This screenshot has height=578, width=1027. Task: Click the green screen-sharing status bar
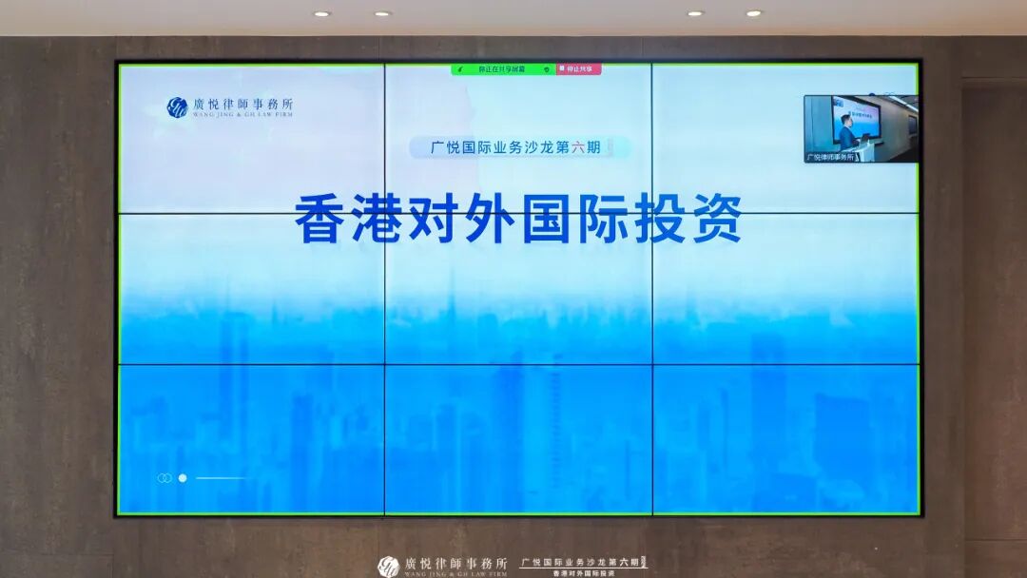(503, 69)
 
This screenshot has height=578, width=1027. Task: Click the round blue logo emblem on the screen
(177, 107)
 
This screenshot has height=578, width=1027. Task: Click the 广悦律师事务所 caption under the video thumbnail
(830, 157)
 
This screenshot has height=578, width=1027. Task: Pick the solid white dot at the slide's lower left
(183, 478)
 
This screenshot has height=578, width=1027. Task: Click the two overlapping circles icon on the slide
(165, 478)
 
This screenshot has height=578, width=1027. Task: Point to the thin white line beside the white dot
(221, 478)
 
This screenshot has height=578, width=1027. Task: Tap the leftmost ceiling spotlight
(321, 13)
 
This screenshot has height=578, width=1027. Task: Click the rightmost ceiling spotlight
(753, 13)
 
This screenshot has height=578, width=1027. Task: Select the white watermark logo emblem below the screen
(388, 566)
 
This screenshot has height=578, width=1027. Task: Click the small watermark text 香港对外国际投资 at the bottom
(584, 573)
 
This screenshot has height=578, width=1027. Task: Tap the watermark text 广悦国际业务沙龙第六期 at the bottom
(582, 562)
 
